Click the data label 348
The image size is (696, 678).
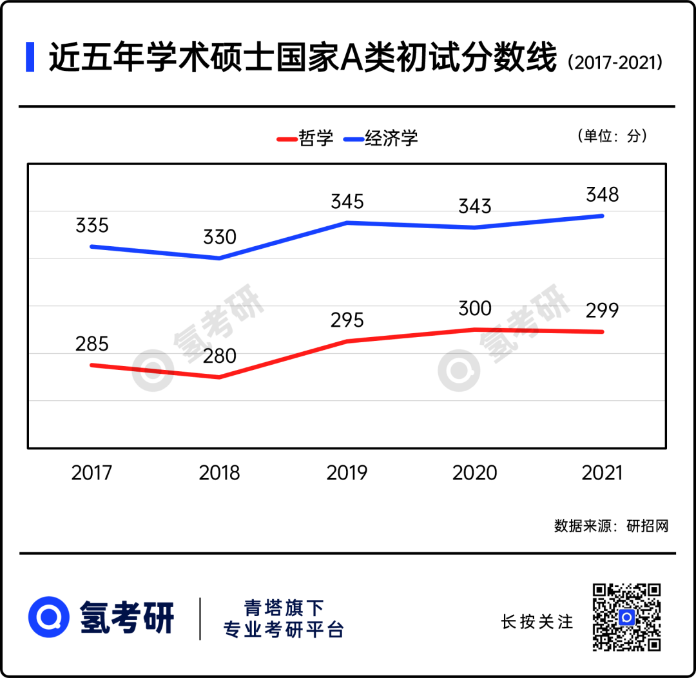(x=603, y=195)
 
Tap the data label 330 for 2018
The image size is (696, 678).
(x=220, y=237)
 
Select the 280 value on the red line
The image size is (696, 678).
(x=220, y=356)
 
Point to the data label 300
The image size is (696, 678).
(x=475, y=309)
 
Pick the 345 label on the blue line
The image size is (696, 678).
(x=347, y=202)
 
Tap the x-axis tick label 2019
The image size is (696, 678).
(x=347, y=473)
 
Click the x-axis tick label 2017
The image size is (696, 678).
(x=92, y=473)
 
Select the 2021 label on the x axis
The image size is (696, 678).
(x=603, y=473)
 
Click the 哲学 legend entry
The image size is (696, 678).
(x=305, y=138)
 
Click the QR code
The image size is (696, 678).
(x=627, y=617)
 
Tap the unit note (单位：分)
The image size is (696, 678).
(x=612, y=136)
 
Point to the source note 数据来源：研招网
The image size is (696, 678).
(x=612, y=526)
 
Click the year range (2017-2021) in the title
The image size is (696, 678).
(x=615, y=63)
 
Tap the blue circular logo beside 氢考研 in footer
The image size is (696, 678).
(x=49, y=617)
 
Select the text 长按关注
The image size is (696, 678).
(x=537, y=622)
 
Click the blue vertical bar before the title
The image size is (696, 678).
(x=30, y=57)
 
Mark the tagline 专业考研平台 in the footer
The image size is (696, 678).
(x=284, y=630)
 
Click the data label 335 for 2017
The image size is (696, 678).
(x=92, y=226)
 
